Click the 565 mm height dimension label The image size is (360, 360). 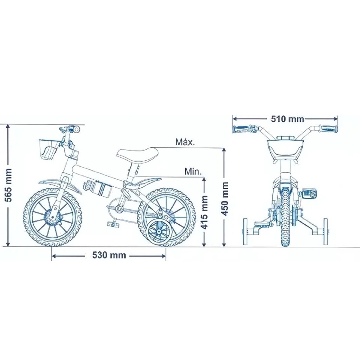tap(9, 185)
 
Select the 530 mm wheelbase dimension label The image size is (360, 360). tap(109, 255)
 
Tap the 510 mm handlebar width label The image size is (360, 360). tap(288, 119)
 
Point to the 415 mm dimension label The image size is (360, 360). tap(204, 212)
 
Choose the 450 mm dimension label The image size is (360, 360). tap(225, 199)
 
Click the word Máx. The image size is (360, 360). tap(185, 142)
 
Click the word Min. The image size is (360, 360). tap(193, 172)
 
